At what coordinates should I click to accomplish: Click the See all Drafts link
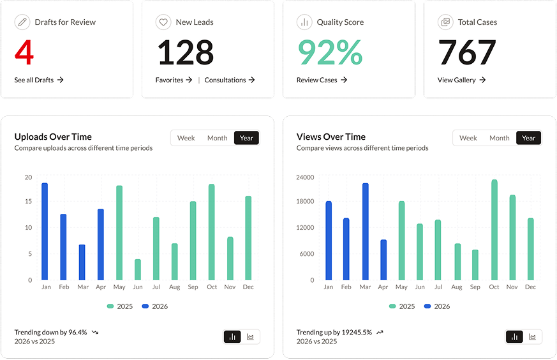[x=39, y=80]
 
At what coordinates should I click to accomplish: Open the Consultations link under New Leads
[x=230, y=80]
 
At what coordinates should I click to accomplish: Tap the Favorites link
[x=174, y=80]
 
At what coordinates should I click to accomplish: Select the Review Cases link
[x=322, y=80]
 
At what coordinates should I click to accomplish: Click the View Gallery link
[x=461, y=80]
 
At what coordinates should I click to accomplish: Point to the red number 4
[x=24, y=52]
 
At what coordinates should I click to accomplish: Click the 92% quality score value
[x=330, y=52]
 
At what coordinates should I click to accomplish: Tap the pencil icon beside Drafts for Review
[x=22, y=22]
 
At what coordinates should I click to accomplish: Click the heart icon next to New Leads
[x=163, y=22]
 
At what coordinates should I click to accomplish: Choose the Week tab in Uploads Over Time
[x=186, y=138]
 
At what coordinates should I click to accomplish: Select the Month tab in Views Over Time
[x=499, y=138]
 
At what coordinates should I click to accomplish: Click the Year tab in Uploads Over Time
[x=246, y=138]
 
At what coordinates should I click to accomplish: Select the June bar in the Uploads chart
[x=138, y=270]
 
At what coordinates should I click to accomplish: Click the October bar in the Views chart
[x=494, y=230]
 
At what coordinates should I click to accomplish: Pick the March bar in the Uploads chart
[x=82, y=262]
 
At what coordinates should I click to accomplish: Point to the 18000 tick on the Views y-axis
[x=305, y=201]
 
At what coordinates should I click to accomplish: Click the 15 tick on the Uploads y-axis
[x=29, y=201]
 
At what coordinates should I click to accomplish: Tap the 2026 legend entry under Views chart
[x=437, y=306]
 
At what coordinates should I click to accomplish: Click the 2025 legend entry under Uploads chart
[x=120, y=306]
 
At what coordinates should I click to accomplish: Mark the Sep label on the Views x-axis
[x=475, y=287]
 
